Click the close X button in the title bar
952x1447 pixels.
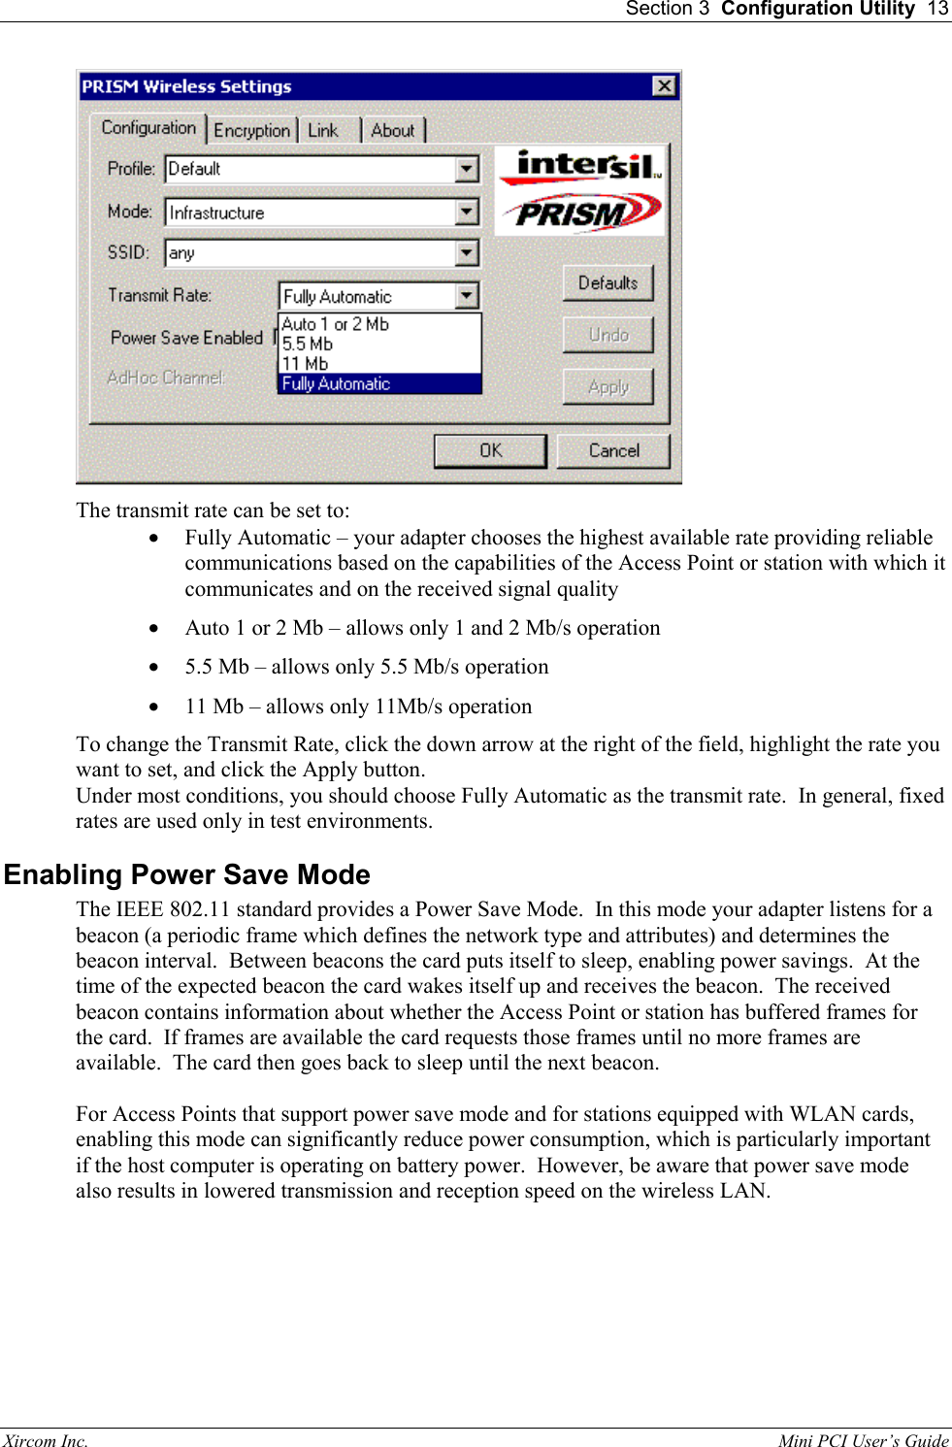[664, 86]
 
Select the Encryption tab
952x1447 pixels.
[251, 130]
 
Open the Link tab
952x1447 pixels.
[323, 130]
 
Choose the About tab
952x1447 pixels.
[393, 130]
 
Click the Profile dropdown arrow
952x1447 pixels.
[467, 169]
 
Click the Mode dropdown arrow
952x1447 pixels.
[467, 212]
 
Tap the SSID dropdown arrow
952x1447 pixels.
[467, 253]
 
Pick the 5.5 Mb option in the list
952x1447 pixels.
[308, 344]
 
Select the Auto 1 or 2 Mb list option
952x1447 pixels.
[336, 324]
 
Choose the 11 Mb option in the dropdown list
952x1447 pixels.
[306, 364]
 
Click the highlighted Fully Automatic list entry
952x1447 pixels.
[337, 383]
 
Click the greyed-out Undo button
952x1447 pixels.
[608, 335]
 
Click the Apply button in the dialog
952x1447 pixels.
[608, 386]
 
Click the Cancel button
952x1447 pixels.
[613, 450]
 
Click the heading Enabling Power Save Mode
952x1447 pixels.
[187, 874]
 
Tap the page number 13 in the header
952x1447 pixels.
[937, 9]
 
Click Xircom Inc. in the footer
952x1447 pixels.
[46, 1440]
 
